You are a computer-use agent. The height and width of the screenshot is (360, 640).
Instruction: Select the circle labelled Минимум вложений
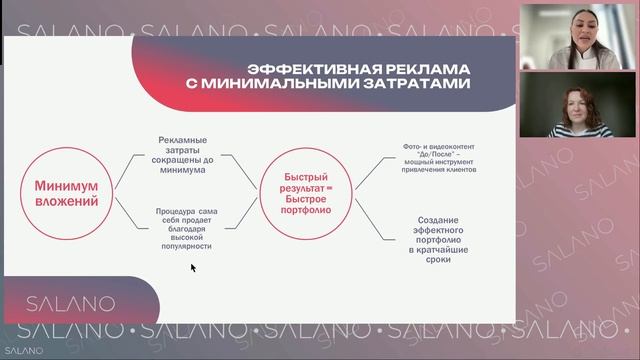[x=67, y=193]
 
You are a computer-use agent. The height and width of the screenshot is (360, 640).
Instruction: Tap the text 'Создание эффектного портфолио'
[x=430, y=239]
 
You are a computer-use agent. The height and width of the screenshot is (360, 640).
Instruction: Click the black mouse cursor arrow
[x=193, y=267]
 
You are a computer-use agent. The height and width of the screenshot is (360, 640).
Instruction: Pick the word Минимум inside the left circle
[x=67, y=185]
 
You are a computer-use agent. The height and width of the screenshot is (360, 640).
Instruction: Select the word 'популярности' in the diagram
[x=184, y=245]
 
